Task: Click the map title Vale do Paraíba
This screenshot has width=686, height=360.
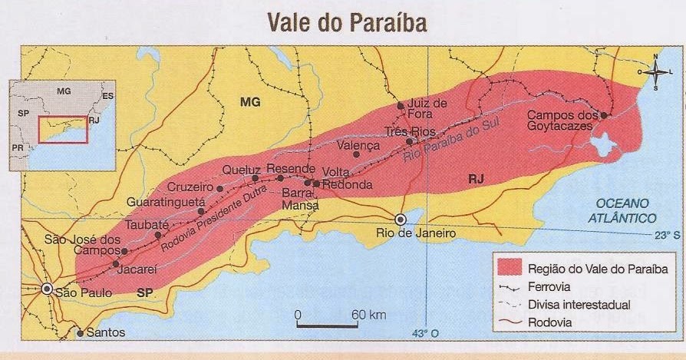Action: click(346, 22)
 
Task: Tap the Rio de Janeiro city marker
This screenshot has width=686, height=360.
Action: click(399, 219)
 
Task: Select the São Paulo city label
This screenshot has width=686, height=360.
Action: click(84, 292)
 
